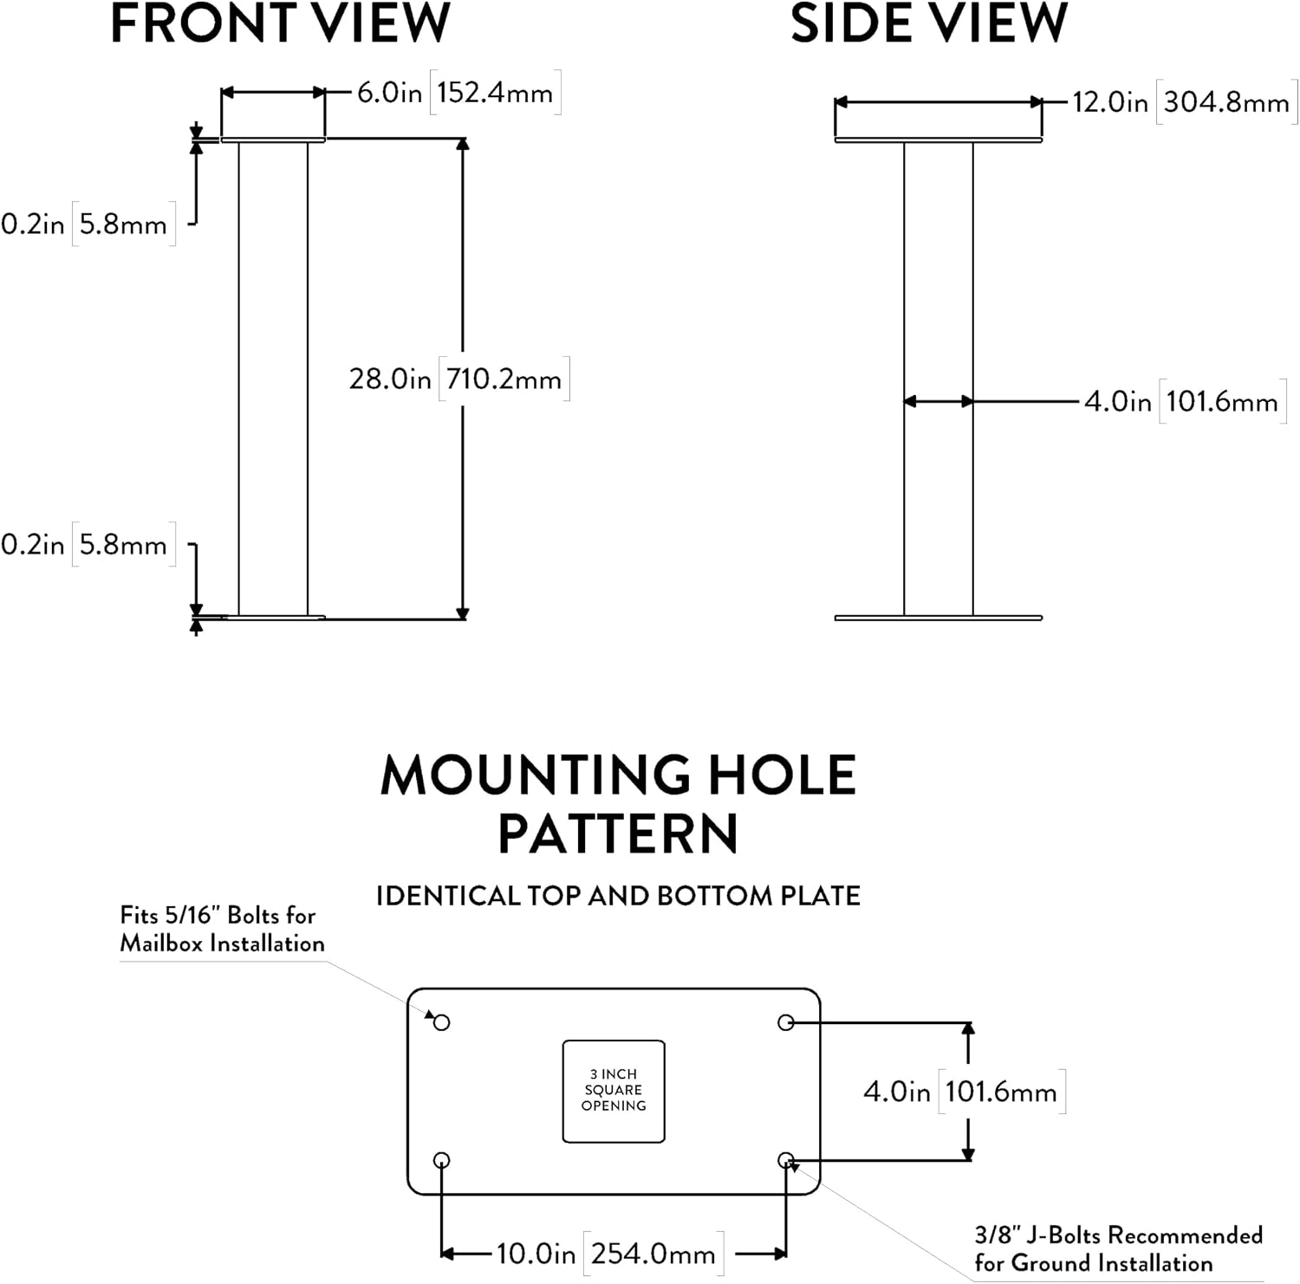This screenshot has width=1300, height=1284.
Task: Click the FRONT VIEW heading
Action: [x=280, y=23]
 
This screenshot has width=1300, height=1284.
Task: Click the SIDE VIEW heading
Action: [x=929, y=23]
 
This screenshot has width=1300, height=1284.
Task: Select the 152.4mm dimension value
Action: [x=495, y=93]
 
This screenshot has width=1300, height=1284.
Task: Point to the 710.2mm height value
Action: [x=504, y=379]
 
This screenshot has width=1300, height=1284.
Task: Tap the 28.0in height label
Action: [x=390, y=379]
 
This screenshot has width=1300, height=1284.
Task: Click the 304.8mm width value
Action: [x=1226, y=102]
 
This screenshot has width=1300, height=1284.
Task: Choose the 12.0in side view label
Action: [x=1110, y=102]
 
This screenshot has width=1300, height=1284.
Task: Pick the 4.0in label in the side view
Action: [x=1118, y=401]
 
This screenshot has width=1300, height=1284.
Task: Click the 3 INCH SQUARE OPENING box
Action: [x=614, y=1091]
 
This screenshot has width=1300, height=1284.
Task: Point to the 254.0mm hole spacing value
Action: [x=653, y=1253]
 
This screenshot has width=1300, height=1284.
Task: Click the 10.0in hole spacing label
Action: [x=536, y=1253]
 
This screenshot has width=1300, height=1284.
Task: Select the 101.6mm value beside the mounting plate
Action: [x=1001, y=1091]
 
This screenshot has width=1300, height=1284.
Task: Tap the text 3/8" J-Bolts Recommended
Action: [x=1118, y=1235]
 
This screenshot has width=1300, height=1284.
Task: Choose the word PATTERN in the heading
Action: [x=618, y=833]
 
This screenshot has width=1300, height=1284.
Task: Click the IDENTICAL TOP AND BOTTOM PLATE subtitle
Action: [x=618, y=895]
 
